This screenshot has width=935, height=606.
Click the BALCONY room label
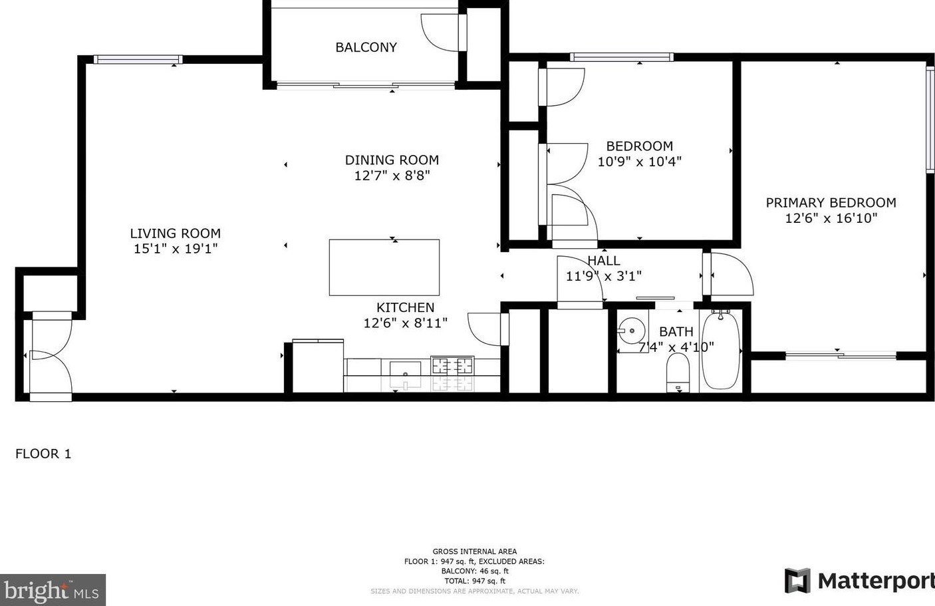[366, 47]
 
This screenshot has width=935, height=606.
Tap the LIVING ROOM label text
[175, 233]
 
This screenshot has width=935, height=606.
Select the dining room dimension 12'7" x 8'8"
[392, 176]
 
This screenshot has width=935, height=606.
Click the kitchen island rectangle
[384, 267]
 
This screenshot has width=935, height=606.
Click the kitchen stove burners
[452, 366]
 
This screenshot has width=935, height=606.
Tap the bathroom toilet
[678, 373]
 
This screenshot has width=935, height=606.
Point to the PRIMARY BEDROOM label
[831, 203]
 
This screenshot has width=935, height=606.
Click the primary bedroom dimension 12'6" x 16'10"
[831, 218]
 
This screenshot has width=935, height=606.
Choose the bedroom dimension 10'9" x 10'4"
[639, 162]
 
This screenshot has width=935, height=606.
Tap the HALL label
[603, 261]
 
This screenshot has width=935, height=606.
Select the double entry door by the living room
[50, 357]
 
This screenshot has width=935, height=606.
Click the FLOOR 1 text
[43, 454]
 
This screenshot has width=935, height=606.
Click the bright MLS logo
[53, 590]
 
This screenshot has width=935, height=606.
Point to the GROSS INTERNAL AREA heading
[474, 551]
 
